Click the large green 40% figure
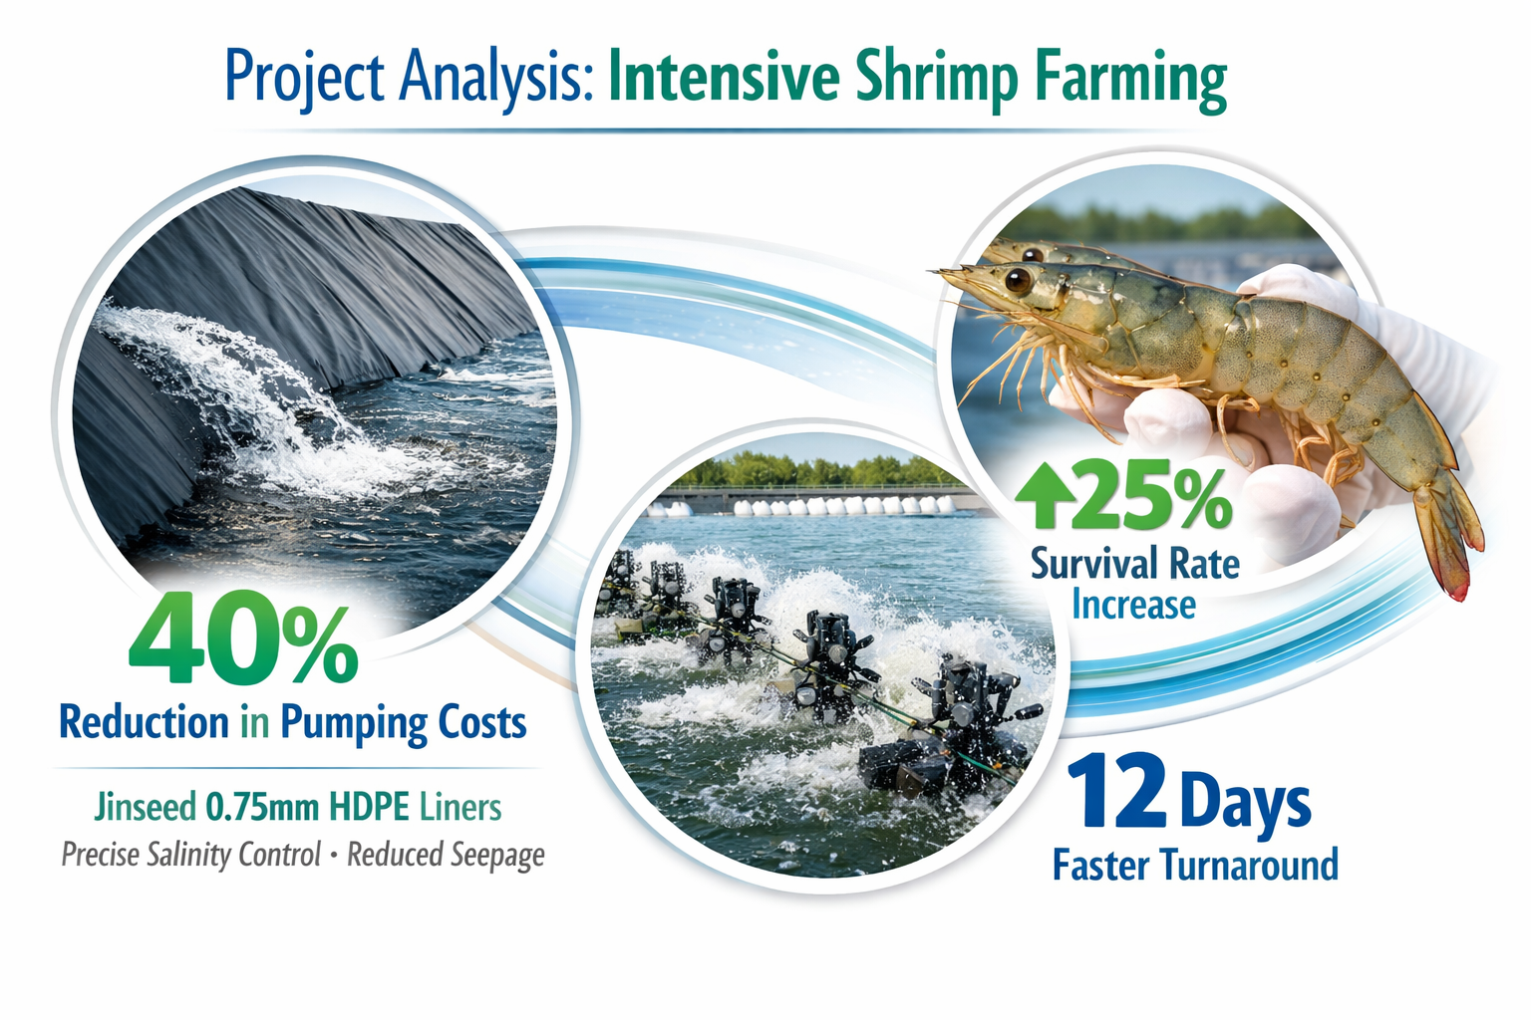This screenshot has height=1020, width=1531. (242, 638)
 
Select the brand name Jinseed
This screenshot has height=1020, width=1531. (146, 806)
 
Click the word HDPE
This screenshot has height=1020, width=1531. (370, 806)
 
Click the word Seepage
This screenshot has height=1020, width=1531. (495, 856)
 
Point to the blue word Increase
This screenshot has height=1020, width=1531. (1133, 605)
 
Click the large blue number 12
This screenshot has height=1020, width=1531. (1116, 792)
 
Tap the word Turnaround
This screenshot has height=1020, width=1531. (1250, 865)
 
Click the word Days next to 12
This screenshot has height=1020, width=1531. (1246, 802)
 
